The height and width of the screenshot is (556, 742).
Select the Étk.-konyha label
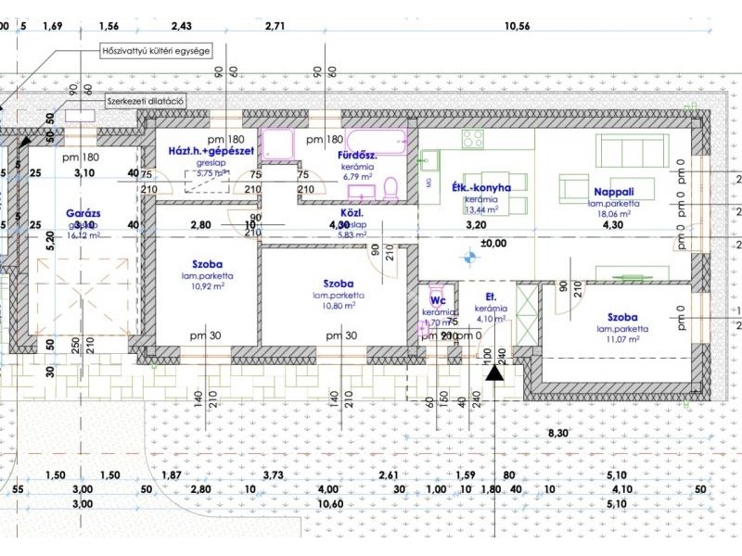tap(481, 187)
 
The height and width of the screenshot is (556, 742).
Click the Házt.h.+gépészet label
tap(211, 150)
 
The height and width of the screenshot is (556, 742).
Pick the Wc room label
tap(437, 300)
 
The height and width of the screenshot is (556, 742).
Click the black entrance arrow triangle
tap(494, 373)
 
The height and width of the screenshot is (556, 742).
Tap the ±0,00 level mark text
tap(493, 244)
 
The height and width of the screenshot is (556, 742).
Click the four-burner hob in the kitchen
tap(473, 139)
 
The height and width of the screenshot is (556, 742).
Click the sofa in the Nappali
tap(631, 148)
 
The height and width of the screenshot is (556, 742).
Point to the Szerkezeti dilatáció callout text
tap(147, 100)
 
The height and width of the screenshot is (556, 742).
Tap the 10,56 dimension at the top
tap(516, 25)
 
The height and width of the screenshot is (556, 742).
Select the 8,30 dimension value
tap(557, 433)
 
